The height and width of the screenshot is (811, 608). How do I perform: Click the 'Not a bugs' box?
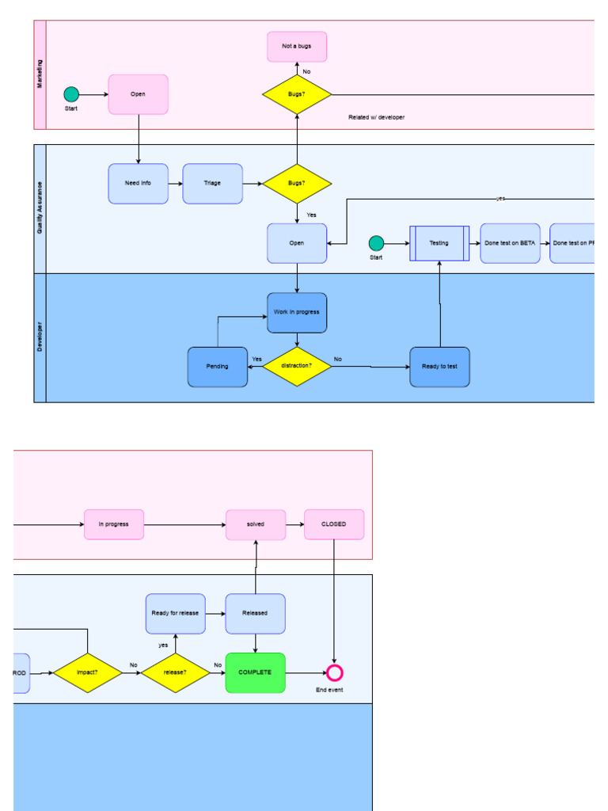(297, 47)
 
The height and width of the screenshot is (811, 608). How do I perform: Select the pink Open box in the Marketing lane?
(139, 94)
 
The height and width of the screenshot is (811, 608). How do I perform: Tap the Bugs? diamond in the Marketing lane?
(297, 94)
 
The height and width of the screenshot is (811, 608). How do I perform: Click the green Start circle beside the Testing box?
(376, 243)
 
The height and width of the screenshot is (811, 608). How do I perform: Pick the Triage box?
(212, 184)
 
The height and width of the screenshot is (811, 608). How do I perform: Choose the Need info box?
(139, 184)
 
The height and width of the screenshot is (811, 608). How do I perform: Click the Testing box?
(439, 243)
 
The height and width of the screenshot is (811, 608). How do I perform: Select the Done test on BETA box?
(510, 243)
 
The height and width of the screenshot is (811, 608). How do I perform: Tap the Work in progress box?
(297, 313)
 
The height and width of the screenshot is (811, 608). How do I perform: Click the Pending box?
(218, 367)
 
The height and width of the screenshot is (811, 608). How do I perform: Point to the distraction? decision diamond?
(297, 366)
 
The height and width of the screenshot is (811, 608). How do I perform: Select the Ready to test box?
(439, 367)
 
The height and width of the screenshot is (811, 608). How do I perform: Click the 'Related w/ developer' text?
(376, 117)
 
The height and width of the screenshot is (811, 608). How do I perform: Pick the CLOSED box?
(334, 524)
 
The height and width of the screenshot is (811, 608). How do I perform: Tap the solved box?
(256, 524)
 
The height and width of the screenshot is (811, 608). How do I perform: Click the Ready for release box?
(176, 614)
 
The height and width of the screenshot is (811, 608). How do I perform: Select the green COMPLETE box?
(255, 672)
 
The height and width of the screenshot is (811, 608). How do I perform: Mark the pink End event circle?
(335, 673)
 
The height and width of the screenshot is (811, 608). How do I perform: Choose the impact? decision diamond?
(87, 672)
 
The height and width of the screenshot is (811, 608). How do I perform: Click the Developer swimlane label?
(40, 337)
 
